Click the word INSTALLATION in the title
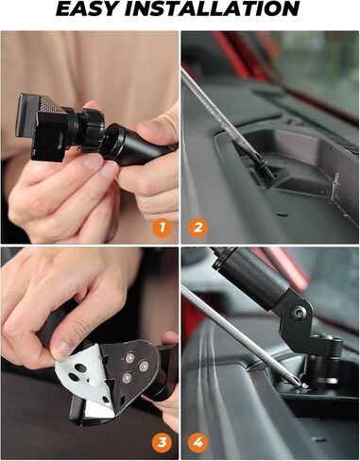tap(227, 10)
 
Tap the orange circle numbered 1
tap(162, 228)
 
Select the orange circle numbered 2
tap(197, 228)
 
